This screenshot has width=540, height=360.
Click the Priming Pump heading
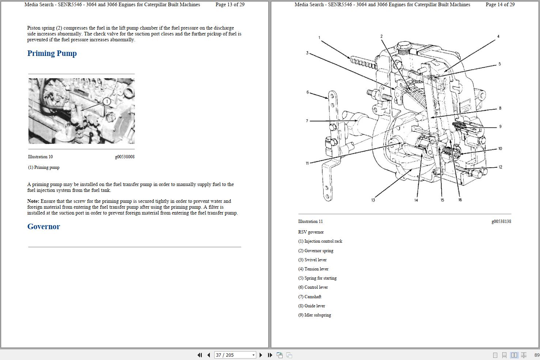tap(52, 53)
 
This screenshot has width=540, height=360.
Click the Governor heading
tap(44, 227)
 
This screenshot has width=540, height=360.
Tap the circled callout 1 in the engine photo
tap(107, 101)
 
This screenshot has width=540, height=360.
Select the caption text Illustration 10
tap(40, 157)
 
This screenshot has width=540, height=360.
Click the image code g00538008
tap(125, 157)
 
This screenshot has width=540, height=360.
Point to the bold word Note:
tap(33, 201)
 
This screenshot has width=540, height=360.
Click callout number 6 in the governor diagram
tap(307, 92)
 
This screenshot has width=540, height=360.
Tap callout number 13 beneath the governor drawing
tap(373, 200)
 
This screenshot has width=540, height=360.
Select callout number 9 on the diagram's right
tap(500, 126)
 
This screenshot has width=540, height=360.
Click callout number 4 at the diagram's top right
tap(498, 37)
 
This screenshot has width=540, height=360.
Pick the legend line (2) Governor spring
tap(316, 251)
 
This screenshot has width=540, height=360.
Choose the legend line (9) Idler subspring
tap(314, 315)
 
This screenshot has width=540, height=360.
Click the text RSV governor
tap(311, 232)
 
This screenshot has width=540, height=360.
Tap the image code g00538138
tap(501, 221)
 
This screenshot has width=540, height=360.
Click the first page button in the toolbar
tap(200, 355)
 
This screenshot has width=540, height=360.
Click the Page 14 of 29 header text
tap(500, 5)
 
